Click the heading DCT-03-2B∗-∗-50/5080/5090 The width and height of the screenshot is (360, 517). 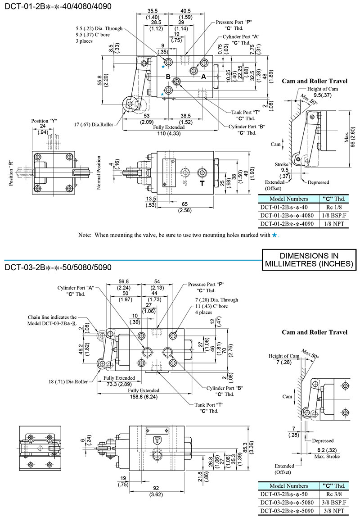[x=58, y=267]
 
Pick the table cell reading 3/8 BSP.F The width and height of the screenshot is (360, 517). [x=333, y=503]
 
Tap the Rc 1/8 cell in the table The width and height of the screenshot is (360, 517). [x=333, y=207]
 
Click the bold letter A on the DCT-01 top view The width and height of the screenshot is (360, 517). [x=203, y=77]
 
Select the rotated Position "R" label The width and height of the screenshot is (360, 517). [x=10, y=172]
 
